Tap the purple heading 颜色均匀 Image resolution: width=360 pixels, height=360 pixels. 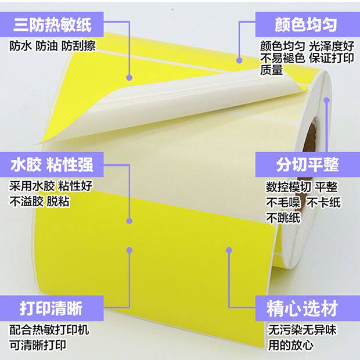tap(306, 24)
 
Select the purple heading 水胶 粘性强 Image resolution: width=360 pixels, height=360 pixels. tap(52, 164)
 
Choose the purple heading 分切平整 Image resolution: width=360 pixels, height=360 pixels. tap(307, 164)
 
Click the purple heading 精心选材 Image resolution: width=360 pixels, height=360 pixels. tap(307, 307)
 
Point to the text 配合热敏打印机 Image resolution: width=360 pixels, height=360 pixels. tap(50, 330)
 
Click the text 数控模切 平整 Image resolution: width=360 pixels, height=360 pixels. tap(302, 187)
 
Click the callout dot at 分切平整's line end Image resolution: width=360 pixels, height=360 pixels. tap(326, 100)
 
